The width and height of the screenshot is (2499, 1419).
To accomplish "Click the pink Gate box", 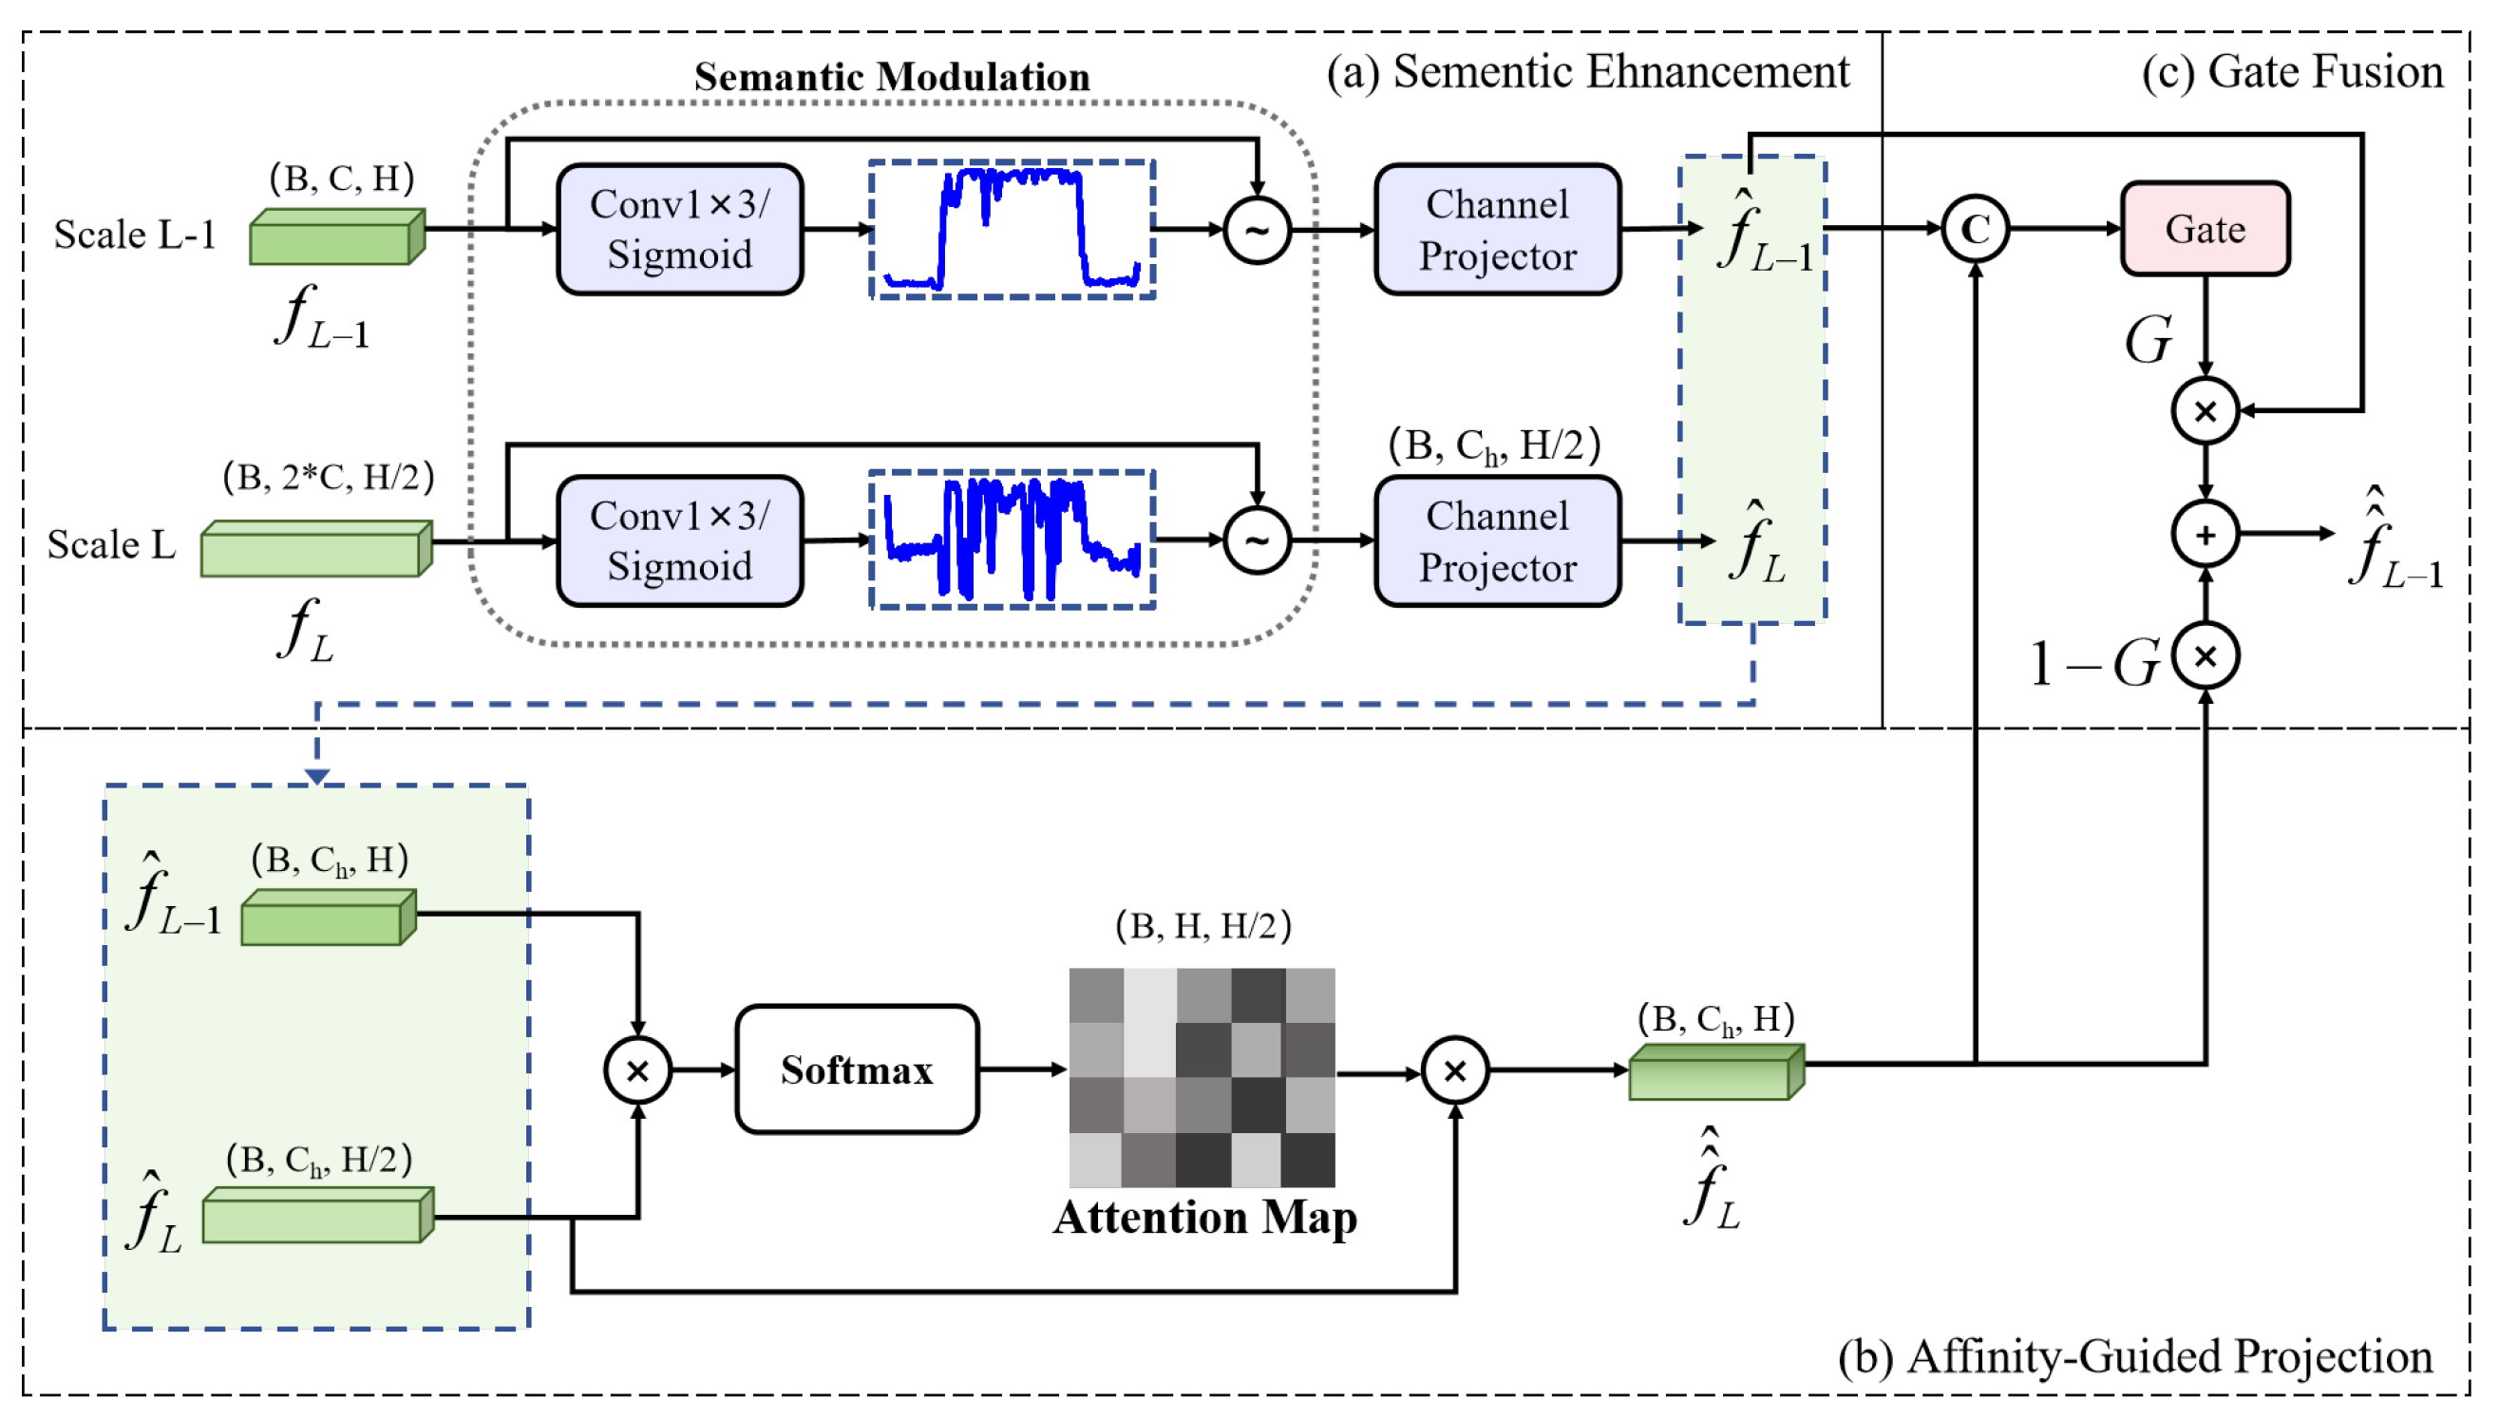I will coord(2204,229).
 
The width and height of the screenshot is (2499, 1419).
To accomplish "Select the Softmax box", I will coord(856,1069).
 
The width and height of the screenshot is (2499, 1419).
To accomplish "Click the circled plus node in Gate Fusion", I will coord(2204,534).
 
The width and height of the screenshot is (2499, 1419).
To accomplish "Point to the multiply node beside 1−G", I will coord(2204,656).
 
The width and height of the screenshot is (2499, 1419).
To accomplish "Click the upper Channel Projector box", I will coord(1496,229).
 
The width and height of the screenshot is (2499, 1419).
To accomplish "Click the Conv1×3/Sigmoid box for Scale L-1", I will coord(679,229).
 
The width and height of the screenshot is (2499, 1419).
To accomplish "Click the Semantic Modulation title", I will coord(891,77).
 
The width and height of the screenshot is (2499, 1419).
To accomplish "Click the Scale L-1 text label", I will coord(135,235).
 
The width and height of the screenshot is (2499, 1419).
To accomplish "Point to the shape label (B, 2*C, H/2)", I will coord(329,477).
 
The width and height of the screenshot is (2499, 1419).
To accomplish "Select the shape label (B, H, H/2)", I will coord(1202,925).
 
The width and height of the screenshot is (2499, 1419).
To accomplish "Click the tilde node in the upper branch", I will coord(1257,231).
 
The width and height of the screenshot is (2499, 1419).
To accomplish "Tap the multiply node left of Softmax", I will coord(637,1071).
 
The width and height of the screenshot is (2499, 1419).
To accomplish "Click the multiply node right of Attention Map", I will coord(1454,1071).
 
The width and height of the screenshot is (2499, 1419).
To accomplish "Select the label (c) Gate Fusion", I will coord(2290,72).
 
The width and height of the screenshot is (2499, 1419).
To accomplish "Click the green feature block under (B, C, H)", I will coord(336,236).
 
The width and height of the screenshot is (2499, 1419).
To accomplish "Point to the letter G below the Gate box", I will coord(2148,339).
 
